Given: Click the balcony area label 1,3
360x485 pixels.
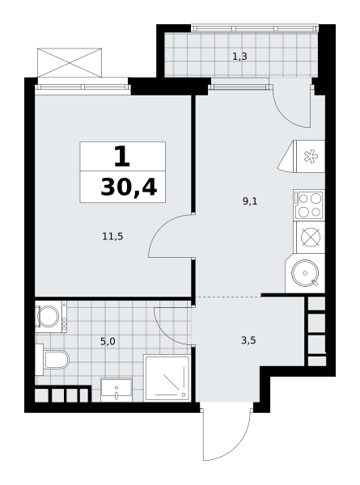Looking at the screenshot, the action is coord(239,57).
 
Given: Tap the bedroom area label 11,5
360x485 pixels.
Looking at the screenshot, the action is coord(112,237).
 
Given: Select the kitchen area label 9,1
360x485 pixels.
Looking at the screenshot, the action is coord(250,201).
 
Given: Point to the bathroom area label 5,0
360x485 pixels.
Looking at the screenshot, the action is coord(108,341).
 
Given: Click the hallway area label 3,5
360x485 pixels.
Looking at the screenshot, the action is coord(248,340).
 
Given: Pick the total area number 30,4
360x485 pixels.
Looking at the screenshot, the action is coord(129,188).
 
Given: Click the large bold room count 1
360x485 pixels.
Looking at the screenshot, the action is coord(121,157).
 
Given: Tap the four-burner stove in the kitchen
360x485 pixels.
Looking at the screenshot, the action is coord(309,205).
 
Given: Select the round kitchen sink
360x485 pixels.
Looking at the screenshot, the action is coord(305,273).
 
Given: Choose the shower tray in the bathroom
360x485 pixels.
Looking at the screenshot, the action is coord(167,377).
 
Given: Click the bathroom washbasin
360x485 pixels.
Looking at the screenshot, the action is coord(116,390).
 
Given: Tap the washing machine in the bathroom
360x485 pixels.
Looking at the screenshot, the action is coord(51,316).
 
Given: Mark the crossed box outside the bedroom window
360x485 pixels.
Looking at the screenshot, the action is coord(70,62).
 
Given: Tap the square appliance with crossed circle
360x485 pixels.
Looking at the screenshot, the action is coord(311,238).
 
